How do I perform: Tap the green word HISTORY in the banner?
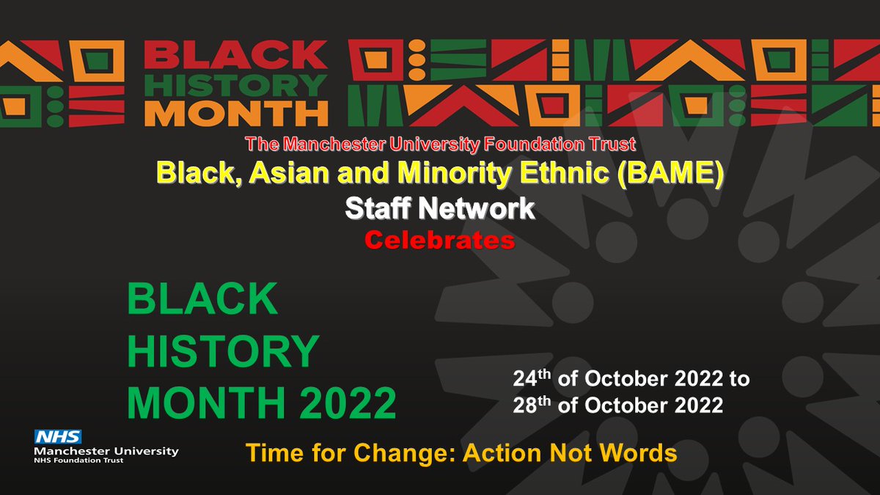coord(236,85)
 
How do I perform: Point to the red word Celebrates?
coord(440,241)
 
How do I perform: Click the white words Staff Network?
coord(440,210)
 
